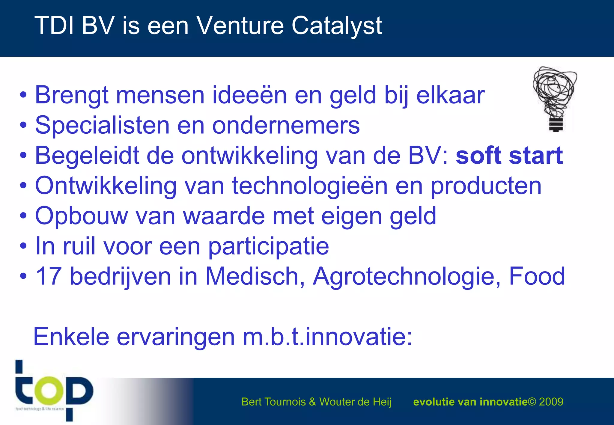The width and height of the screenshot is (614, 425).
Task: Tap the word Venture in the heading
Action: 240,25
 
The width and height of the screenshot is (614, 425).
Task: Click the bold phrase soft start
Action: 509,156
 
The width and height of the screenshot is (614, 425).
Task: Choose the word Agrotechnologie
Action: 407,276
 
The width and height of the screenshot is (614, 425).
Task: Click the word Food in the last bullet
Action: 537,276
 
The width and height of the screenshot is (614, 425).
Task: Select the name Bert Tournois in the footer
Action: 273,402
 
